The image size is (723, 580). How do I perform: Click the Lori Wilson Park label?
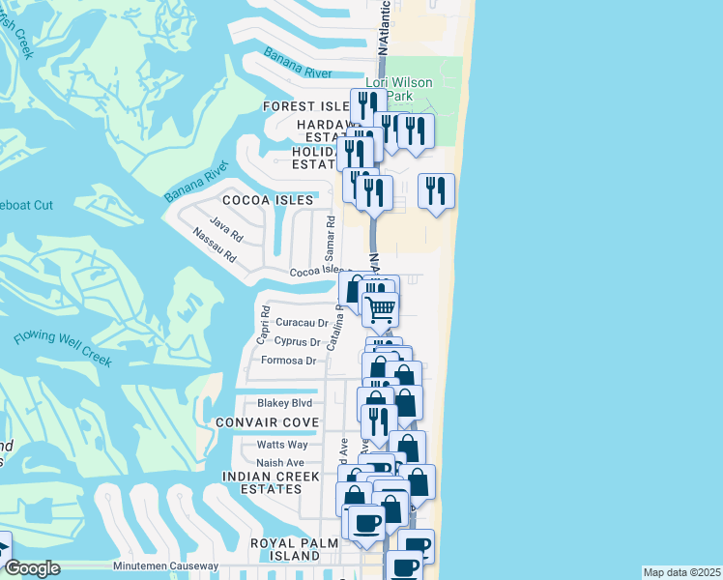(x=398, y=90)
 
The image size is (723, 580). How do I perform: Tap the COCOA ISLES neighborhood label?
(x=268, y=200)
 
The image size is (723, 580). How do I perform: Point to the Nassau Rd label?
(x=214, y=246)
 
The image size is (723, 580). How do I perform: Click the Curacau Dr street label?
(x=302, y=323)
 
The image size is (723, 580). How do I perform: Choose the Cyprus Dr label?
(x=298, y=342)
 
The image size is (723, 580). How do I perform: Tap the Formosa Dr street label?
(x=289, y=361)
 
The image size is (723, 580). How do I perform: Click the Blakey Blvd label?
(x=284, y=403)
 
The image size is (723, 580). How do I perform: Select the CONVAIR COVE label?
(x=268, y=423)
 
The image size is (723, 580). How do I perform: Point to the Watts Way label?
(x=282, y=445)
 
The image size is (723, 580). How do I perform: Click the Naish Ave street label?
(x=280, y=463)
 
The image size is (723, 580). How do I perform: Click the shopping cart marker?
(x=381, y=309)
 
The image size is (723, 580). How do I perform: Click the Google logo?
(x=32, y=567)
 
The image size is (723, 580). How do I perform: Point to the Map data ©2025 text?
(x=682, y=572)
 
